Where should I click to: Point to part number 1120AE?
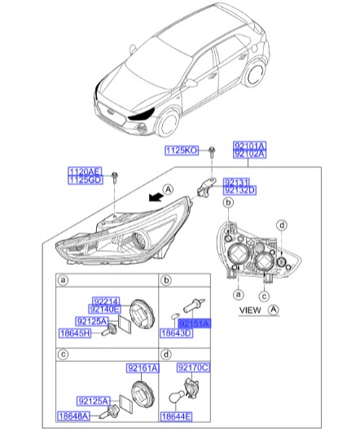pos(83,171)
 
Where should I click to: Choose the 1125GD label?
pos(83,180)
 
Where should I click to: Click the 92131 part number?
pos(238,181)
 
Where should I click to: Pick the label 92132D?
pos(239,190)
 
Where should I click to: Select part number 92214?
pos(106,301)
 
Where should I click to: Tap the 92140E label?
pos(106,310)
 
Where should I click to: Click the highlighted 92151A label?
pos(194,323)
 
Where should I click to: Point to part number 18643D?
pos(176,333)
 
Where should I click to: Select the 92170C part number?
pos(193,369)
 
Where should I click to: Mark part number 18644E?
pos(176,416)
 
